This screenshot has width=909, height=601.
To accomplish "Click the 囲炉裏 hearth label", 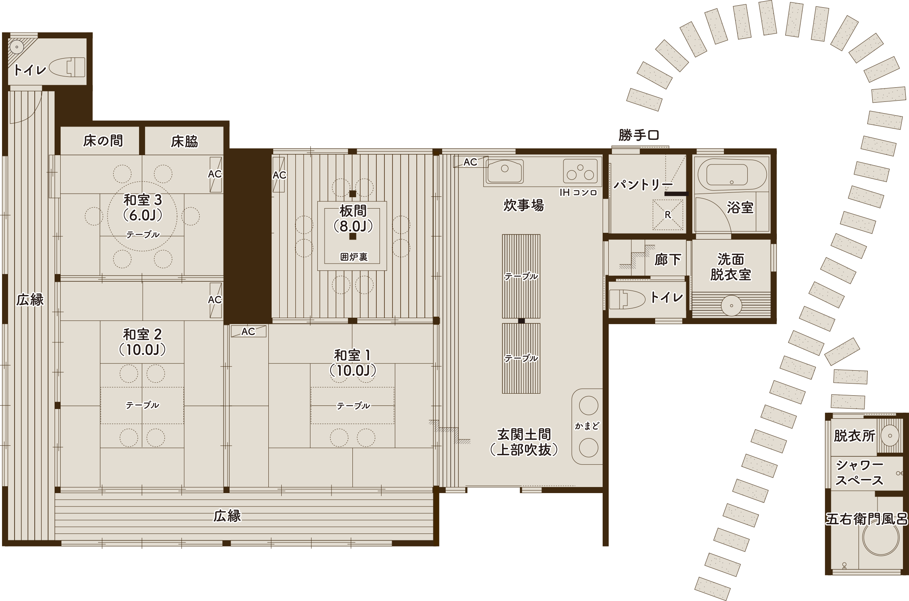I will [x=354, y=257].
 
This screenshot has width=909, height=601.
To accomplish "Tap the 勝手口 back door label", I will [x=639, y=135].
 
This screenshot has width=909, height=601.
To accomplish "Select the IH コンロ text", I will [x=578, y=192].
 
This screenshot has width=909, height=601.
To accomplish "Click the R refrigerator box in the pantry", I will [x=668, y=215].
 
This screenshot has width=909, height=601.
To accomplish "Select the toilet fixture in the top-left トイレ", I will [x=68, y=67].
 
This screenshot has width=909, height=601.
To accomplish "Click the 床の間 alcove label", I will [x=103, y=141].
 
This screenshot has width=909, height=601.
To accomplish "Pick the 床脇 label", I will [x=184, y=141].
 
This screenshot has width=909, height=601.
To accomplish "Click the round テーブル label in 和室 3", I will [x=142, y=235].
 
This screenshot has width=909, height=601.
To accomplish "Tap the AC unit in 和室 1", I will [x=248, y=331].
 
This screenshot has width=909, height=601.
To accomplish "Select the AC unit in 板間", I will [x=279, y=175].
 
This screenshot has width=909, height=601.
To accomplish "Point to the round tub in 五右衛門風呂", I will [x=880, y=538].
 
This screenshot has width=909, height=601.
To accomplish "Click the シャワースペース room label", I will [x=859, y=473].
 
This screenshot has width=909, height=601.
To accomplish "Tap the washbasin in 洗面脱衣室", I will [x=731, y=306].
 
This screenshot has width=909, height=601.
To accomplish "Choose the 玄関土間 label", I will [x=524, y=435].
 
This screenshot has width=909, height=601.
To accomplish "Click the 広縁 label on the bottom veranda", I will [x=227, y=516].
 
